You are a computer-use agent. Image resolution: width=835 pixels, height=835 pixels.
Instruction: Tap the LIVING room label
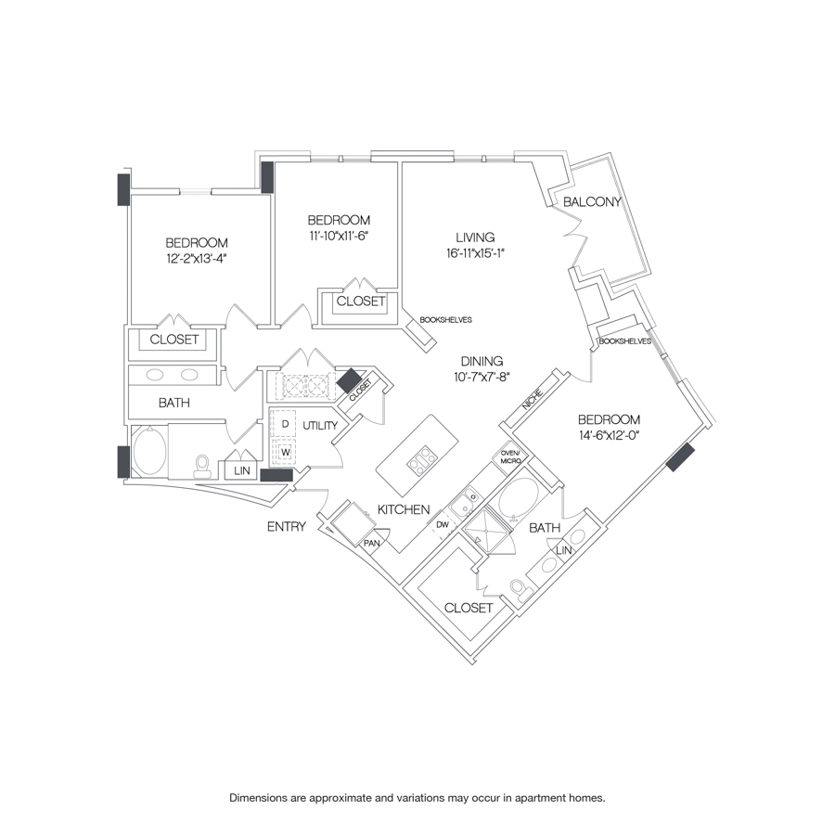click(x=475, y=237)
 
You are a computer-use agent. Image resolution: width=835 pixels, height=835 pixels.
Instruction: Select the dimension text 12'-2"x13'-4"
click(x=197, y=259)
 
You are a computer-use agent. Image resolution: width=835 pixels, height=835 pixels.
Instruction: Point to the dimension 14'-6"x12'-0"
click(x=612, y=434)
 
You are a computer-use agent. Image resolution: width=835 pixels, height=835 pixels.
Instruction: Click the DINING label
click(x=479, y=361)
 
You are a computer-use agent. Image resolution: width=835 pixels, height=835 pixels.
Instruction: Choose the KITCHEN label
click(x=404, y=509)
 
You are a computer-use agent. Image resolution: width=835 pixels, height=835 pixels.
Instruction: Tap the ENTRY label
click(x=286, y=527)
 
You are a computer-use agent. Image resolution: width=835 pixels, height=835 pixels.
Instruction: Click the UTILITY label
click(x=318, y=424)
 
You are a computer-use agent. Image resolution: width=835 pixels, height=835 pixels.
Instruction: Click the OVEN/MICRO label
click(x=512, y=456)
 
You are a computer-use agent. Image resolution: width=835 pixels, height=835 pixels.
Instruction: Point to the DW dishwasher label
click(x=443, y=525)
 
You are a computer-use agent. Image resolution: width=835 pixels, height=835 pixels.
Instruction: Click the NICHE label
click(x=532, y=399)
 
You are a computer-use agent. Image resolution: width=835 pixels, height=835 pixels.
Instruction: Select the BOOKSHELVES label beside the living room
click(x=445, y=319)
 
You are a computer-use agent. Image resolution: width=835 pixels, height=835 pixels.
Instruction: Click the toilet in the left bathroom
click(x=201, y=466)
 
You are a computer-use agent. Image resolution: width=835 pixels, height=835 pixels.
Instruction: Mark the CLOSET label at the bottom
click(x=469, y=608)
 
